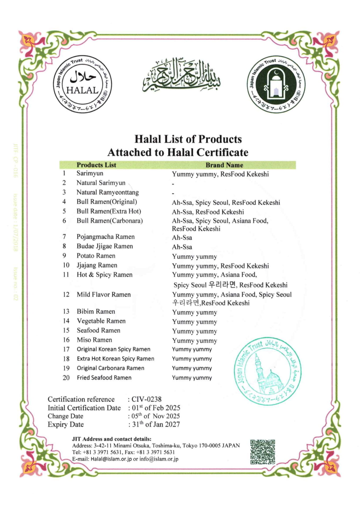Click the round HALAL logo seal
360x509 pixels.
(82, 84)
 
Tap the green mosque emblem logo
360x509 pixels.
(276, 84)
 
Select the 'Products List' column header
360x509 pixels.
(96, 165)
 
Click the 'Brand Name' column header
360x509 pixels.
(224, 165)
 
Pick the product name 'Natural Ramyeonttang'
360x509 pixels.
(108, 192)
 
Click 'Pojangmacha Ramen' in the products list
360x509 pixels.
(106, 237)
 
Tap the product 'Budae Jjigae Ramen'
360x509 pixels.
(105, 246)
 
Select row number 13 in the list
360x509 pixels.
(66, 311)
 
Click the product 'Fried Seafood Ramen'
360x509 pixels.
(104, 378)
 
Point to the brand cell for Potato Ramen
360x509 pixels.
(194, 257)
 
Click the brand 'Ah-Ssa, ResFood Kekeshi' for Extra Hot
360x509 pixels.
(208, 212)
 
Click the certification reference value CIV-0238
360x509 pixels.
(146, 399)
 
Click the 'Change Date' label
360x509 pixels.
(65, 416)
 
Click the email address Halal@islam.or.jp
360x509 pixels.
(111, 459)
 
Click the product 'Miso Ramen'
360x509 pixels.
(94, 340)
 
